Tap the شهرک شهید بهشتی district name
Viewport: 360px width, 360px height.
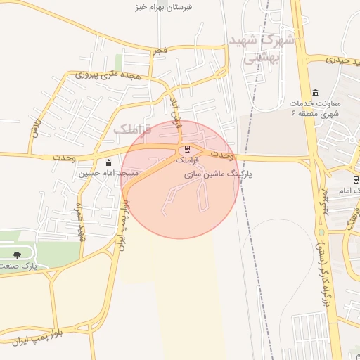coord(261,49)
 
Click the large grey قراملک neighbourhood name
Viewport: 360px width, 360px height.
coord(132,129)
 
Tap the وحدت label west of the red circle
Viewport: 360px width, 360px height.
coord(64,157)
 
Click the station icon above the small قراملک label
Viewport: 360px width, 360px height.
coord(187,150)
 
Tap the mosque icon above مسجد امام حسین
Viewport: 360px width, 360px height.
coord(108,163)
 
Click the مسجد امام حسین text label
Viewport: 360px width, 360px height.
coord(108,173)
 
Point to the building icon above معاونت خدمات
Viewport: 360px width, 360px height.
coord(314,93)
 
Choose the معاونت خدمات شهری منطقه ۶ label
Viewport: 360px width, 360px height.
coord(314,108)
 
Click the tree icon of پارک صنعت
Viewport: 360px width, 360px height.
coord(17,255)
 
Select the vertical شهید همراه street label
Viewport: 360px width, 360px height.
coord(81,219)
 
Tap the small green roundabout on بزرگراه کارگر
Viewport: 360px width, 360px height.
coord(321,233)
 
